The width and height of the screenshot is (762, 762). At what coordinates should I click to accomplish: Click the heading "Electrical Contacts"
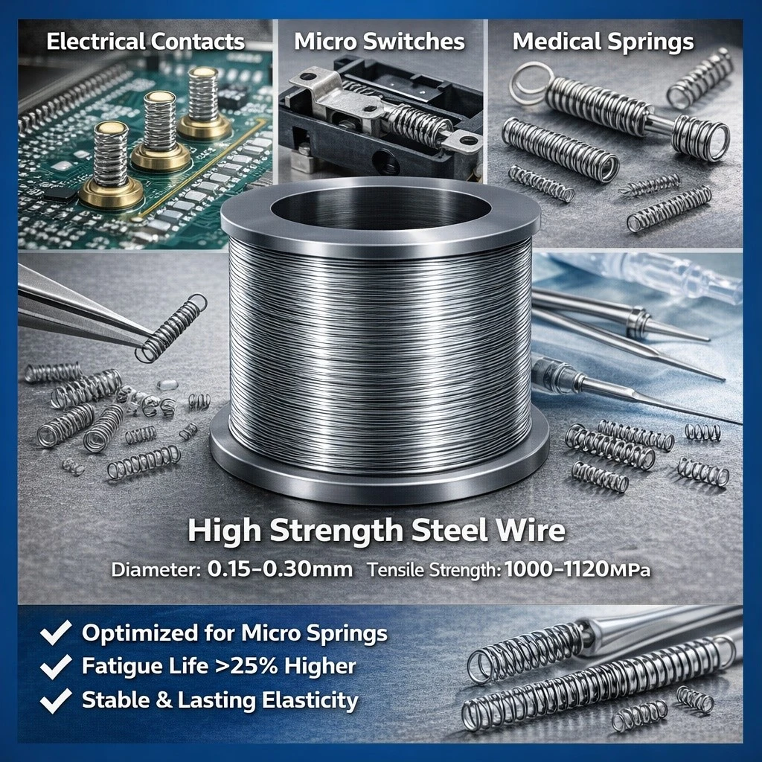145,42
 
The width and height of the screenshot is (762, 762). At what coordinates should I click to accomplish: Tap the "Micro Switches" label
380,42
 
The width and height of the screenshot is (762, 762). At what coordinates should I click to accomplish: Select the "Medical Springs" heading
603,42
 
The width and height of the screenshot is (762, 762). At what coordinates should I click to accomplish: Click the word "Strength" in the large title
336,530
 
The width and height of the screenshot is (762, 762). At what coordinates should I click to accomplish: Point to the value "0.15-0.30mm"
280,569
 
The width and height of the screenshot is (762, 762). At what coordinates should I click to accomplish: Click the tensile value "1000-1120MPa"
577,569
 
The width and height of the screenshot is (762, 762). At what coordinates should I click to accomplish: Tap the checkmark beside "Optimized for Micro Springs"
55,633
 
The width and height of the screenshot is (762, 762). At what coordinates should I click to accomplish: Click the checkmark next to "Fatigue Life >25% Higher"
55,666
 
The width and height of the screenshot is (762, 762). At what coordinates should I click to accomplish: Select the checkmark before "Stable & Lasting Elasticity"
55,700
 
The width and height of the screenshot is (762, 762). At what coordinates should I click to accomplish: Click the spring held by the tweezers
170,328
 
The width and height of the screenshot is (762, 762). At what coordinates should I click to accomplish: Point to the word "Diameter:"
156,569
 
